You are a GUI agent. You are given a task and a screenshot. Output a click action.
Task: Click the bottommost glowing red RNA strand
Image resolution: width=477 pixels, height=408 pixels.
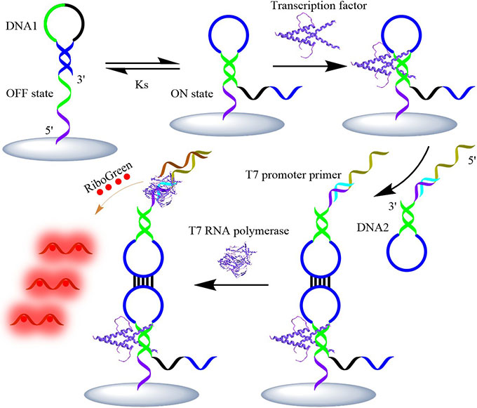click(x=34, y=315)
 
